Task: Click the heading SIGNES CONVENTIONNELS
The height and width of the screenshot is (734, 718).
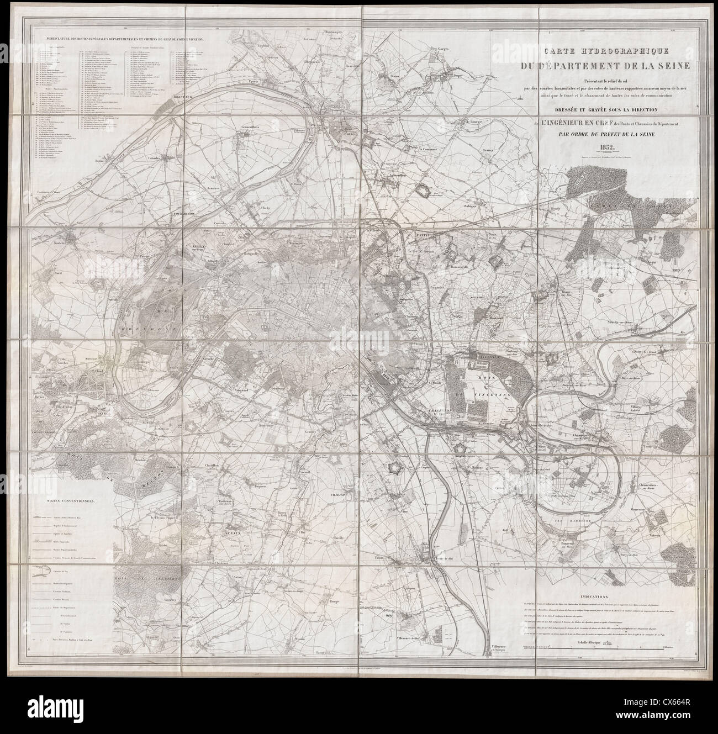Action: tap(70, 501)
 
